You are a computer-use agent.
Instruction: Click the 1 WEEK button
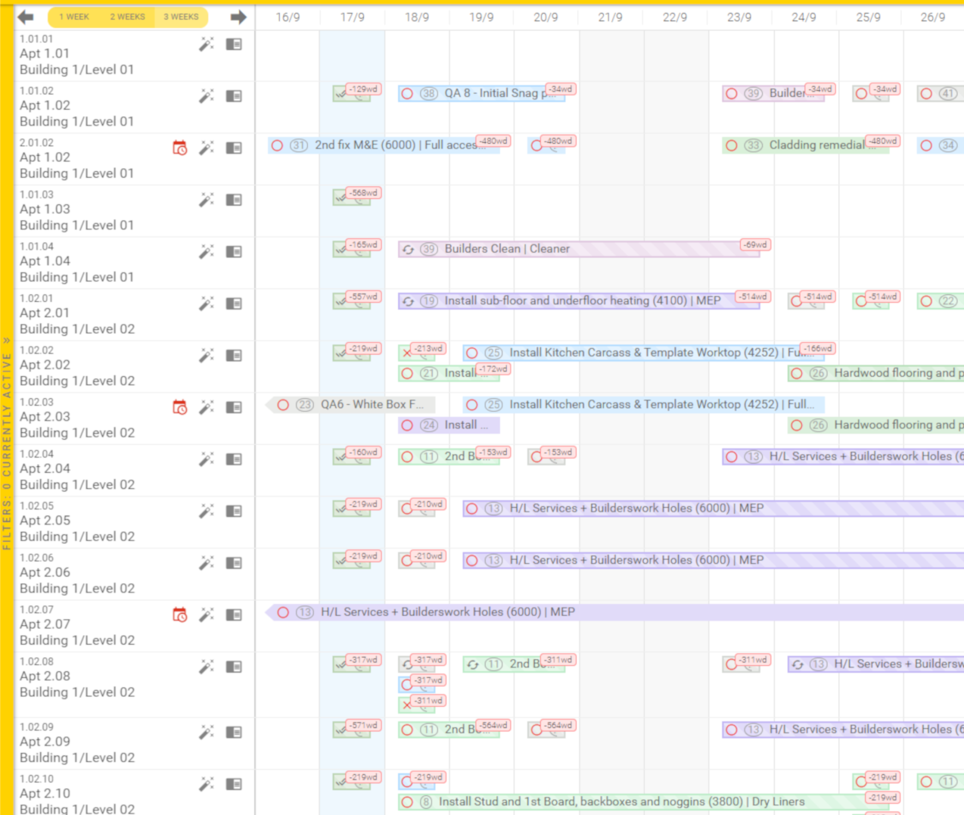(74, 17)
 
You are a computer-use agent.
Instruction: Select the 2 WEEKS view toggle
(127, 17)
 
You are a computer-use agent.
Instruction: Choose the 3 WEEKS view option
(181, 17)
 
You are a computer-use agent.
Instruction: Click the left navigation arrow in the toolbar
(26, 17)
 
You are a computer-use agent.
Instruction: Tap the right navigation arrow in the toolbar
(238, 17)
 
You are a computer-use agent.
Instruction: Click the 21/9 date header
(610, 17)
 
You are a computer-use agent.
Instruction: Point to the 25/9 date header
(868, 17)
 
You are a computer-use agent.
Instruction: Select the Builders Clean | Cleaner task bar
(568, 249)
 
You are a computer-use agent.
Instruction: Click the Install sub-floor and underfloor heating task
(568, 301)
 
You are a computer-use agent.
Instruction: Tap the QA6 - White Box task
(356, 405)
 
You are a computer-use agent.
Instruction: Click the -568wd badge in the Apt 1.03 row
(363, 193)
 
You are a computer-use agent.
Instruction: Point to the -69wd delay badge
(755, 244)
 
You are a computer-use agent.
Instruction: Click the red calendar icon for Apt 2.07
(180, 614)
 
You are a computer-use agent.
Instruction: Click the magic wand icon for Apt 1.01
(206, 45)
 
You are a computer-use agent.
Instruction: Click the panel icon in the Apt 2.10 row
(234, 784)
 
